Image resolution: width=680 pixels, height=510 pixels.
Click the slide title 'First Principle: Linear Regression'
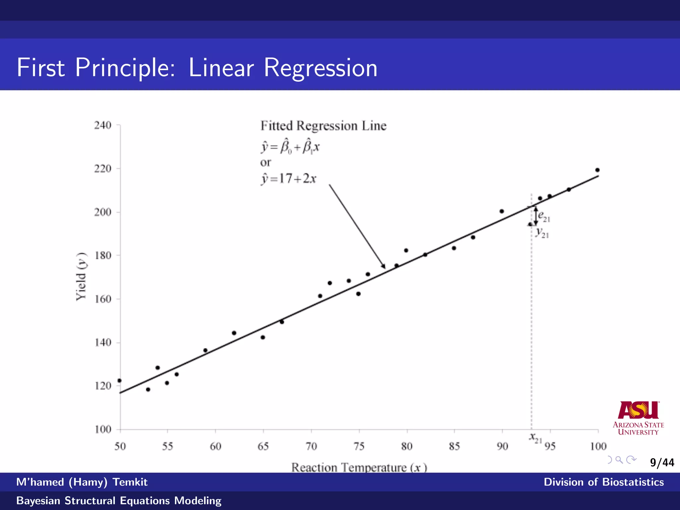point(197,68)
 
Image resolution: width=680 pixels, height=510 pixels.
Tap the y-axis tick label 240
point(103,125)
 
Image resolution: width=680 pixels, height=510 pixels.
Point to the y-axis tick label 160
point(103,299)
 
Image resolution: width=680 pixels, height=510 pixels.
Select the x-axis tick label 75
point(359,446)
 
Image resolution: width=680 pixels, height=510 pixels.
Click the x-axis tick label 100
point(598,446)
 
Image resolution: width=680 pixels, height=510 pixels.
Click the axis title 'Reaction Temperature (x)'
point(359,467)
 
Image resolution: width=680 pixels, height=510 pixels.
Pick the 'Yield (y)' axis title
point(81,277)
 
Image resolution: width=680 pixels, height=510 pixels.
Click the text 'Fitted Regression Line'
point(323,126)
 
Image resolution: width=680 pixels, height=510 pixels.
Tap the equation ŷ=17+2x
point(289,179)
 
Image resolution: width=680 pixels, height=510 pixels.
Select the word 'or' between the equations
point(265,162)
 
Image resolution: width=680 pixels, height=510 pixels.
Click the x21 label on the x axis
point(535,438)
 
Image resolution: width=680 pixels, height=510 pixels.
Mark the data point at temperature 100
point(597,170)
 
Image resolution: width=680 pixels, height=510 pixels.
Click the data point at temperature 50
point(120,381)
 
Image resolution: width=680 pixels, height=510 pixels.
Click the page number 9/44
point(662,463)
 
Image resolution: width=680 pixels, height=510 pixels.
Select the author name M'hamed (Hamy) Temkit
point(82,482)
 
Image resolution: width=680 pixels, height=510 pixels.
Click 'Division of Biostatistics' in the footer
point(603,482)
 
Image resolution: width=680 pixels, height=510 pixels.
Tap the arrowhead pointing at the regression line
point(383,266)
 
